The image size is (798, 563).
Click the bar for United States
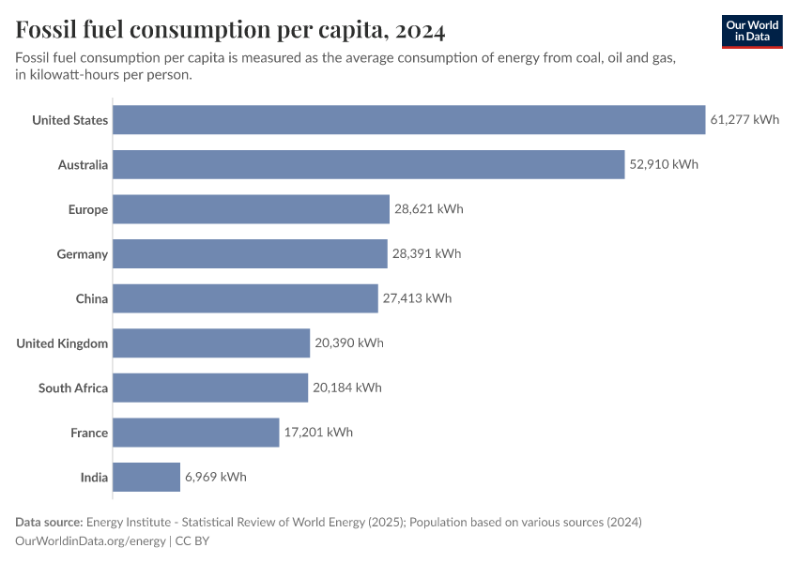(x=408, y=120)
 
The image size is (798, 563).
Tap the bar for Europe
(x=251, y=209)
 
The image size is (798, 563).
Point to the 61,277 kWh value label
(x=744, y=120)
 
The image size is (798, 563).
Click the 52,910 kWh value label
(x=664, y=165)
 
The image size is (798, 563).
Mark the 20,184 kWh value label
(x=347, y=388)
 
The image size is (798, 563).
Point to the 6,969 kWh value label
(x=216, y=477)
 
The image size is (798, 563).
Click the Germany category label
(x=82, y=254)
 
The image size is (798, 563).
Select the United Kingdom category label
(x=62, y=343)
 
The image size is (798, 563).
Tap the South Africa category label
(x=73, y=388)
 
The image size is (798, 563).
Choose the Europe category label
(x=88, y=209)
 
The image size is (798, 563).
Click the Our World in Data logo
(x=752, y=31)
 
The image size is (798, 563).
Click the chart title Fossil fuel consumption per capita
(x=231, y=30)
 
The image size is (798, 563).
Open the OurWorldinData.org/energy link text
(x=90, y=541)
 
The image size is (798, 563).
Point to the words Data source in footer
(x=49, y=522)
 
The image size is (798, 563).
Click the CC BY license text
(x=192, y=541)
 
